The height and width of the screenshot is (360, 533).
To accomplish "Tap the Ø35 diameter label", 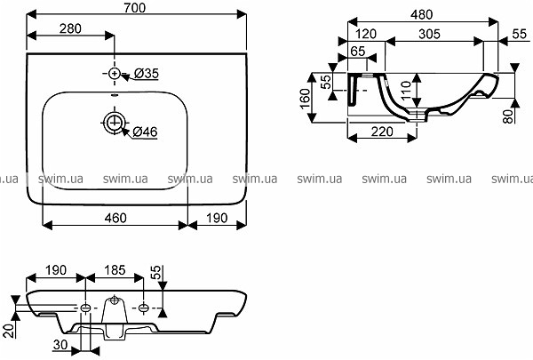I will pyautogui.click(x=144, y=74).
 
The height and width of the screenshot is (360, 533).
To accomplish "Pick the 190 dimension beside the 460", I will pyautogui.click(x=216, y=218).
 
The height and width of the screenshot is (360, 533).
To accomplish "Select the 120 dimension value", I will pyautogui.click(x=364, y=33).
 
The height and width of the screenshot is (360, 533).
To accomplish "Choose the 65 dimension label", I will pyautogui.click(x=357, y=52).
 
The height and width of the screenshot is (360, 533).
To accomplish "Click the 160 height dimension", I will pyautogui.click(x=305, y=97).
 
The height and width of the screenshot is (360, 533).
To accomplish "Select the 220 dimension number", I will pyautogui.click(x=381, y=132).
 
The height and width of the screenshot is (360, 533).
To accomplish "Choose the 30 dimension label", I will pyautogui.click(x=60, y=345).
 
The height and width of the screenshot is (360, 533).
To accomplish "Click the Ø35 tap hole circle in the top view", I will pyautogui.click(x=115, y=73).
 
